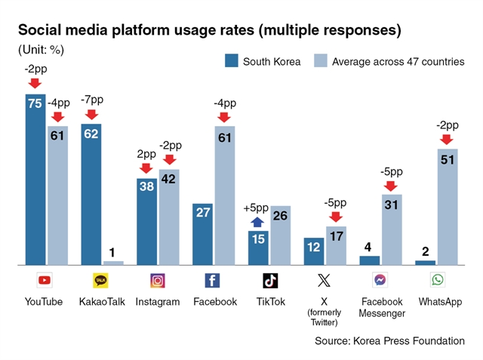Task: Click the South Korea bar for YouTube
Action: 35,179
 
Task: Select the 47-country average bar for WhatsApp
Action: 448,207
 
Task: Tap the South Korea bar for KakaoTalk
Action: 91,194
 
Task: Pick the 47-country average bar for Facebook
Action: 225,195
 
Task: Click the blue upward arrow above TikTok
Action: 257,222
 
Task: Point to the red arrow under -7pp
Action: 91,115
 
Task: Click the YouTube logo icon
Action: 45,280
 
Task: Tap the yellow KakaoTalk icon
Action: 100,280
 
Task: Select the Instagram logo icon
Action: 158,281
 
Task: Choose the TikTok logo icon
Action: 270,281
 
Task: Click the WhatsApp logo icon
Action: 438,280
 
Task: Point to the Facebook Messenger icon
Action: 380,280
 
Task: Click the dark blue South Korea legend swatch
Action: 232,60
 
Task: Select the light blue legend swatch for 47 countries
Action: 320,60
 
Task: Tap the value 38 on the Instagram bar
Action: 146,186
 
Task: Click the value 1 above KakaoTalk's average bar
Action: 112,253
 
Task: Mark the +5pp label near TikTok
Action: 256,208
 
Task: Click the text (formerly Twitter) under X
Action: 324,317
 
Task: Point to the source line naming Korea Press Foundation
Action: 389,341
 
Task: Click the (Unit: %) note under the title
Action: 41,50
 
